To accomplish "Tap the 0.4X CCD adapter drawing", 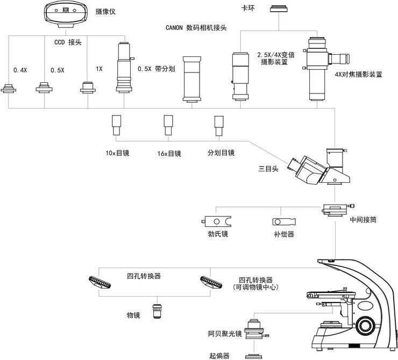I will point(9,87).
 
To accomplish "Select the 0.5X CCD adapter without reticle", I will point(45,87).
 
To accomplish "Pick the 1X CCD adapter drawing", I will point(87,87).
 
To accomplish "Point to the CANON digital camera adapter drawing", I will point(192,79).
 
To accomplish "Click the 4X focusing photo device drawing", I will point(318,68).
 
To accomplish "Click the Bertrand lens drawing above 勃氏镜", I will point(217,221).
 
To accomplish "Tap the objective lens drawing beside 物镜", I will point(158,311).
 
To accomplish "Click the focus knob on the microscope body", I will point(366,325).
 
